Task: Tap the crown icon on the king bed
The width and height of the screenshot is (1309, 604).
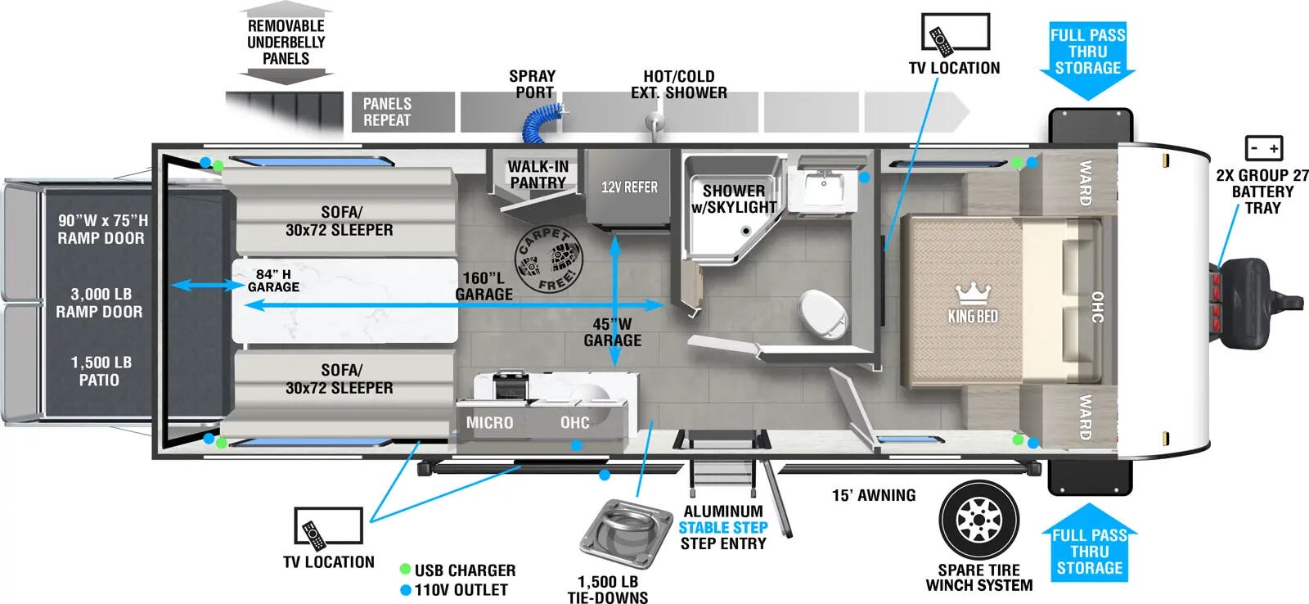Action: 973,293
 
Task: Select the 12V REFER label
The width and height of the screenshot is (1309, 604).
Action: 628,187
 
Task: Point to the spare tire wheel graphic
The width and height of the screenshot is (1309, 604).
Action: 978,521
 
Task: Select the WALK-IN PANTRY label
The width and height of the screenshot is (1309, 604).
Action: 538,174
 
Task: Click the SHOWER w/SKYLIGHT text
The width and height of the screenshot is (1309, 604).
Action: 734,199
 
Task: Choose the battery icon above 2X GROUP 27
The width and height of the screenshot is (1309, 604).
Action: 1263,148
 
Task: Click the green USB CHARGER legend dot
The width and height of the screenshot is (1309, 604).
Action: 405,570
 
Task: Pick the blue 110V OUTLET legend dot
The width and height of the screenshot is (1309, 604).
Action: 405,589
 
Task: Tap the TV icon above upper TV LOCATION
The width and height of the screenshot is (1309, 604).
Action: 955,33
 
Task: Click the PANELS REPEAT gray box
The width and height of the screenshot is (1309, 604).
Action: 403,112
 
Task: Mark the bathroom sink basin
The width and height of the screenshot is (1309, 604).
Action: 824,188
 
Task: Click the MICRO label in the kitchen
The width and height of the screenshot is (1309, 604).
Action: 489,423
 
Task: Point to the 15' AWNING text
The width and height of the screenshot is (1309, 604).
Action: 873,495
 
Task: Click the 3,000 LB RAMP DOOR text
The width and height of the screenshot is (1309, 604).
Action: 99,303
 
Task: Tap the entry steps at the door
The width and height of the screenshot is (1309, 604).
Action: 721,474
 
